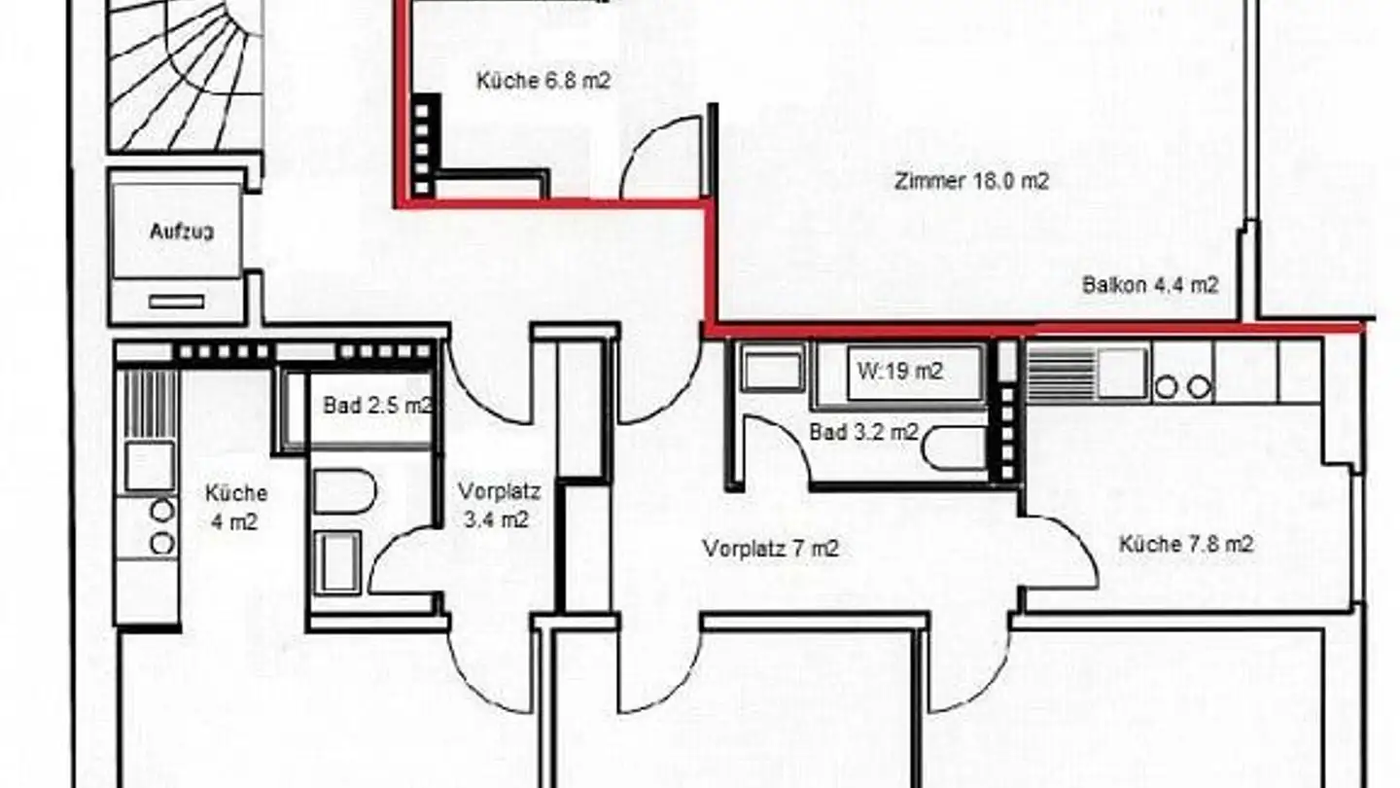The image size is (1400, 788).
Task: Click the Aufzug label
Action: pos(182,232)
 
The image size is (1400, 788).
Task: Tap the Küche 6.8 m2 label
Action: pos(543,81)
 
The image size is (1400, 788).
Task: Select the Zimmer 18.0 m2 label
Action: pos(971,180)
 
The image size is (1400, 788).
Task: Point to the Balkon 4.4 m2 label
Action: pos(1150,285)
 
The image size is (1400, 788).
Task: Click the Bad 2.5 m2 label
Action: pos(377,406)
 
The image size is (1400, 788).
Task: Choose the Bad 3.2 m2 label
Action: pos(863,432)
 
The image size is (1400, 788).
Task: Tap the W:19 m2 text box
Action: pos(899,371)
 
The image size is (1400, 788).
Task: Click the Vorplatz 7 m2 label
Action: pos(771,549)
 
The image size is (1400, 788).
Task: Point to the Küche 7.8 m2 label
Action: pos(1185,544)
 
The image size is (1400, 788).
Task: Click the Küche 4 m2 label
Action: pos(236,507)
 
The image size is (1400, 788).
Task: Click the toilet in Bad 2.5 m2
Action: pos(345,492)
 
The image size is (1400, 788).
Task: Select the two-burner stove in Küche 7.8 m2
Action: pos(1183,388)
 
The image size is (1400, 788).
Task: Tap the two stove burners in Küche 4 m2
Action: pos(161,526)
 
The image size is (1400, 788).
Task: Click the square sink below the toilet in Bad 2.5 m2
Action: pos(339,562)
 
